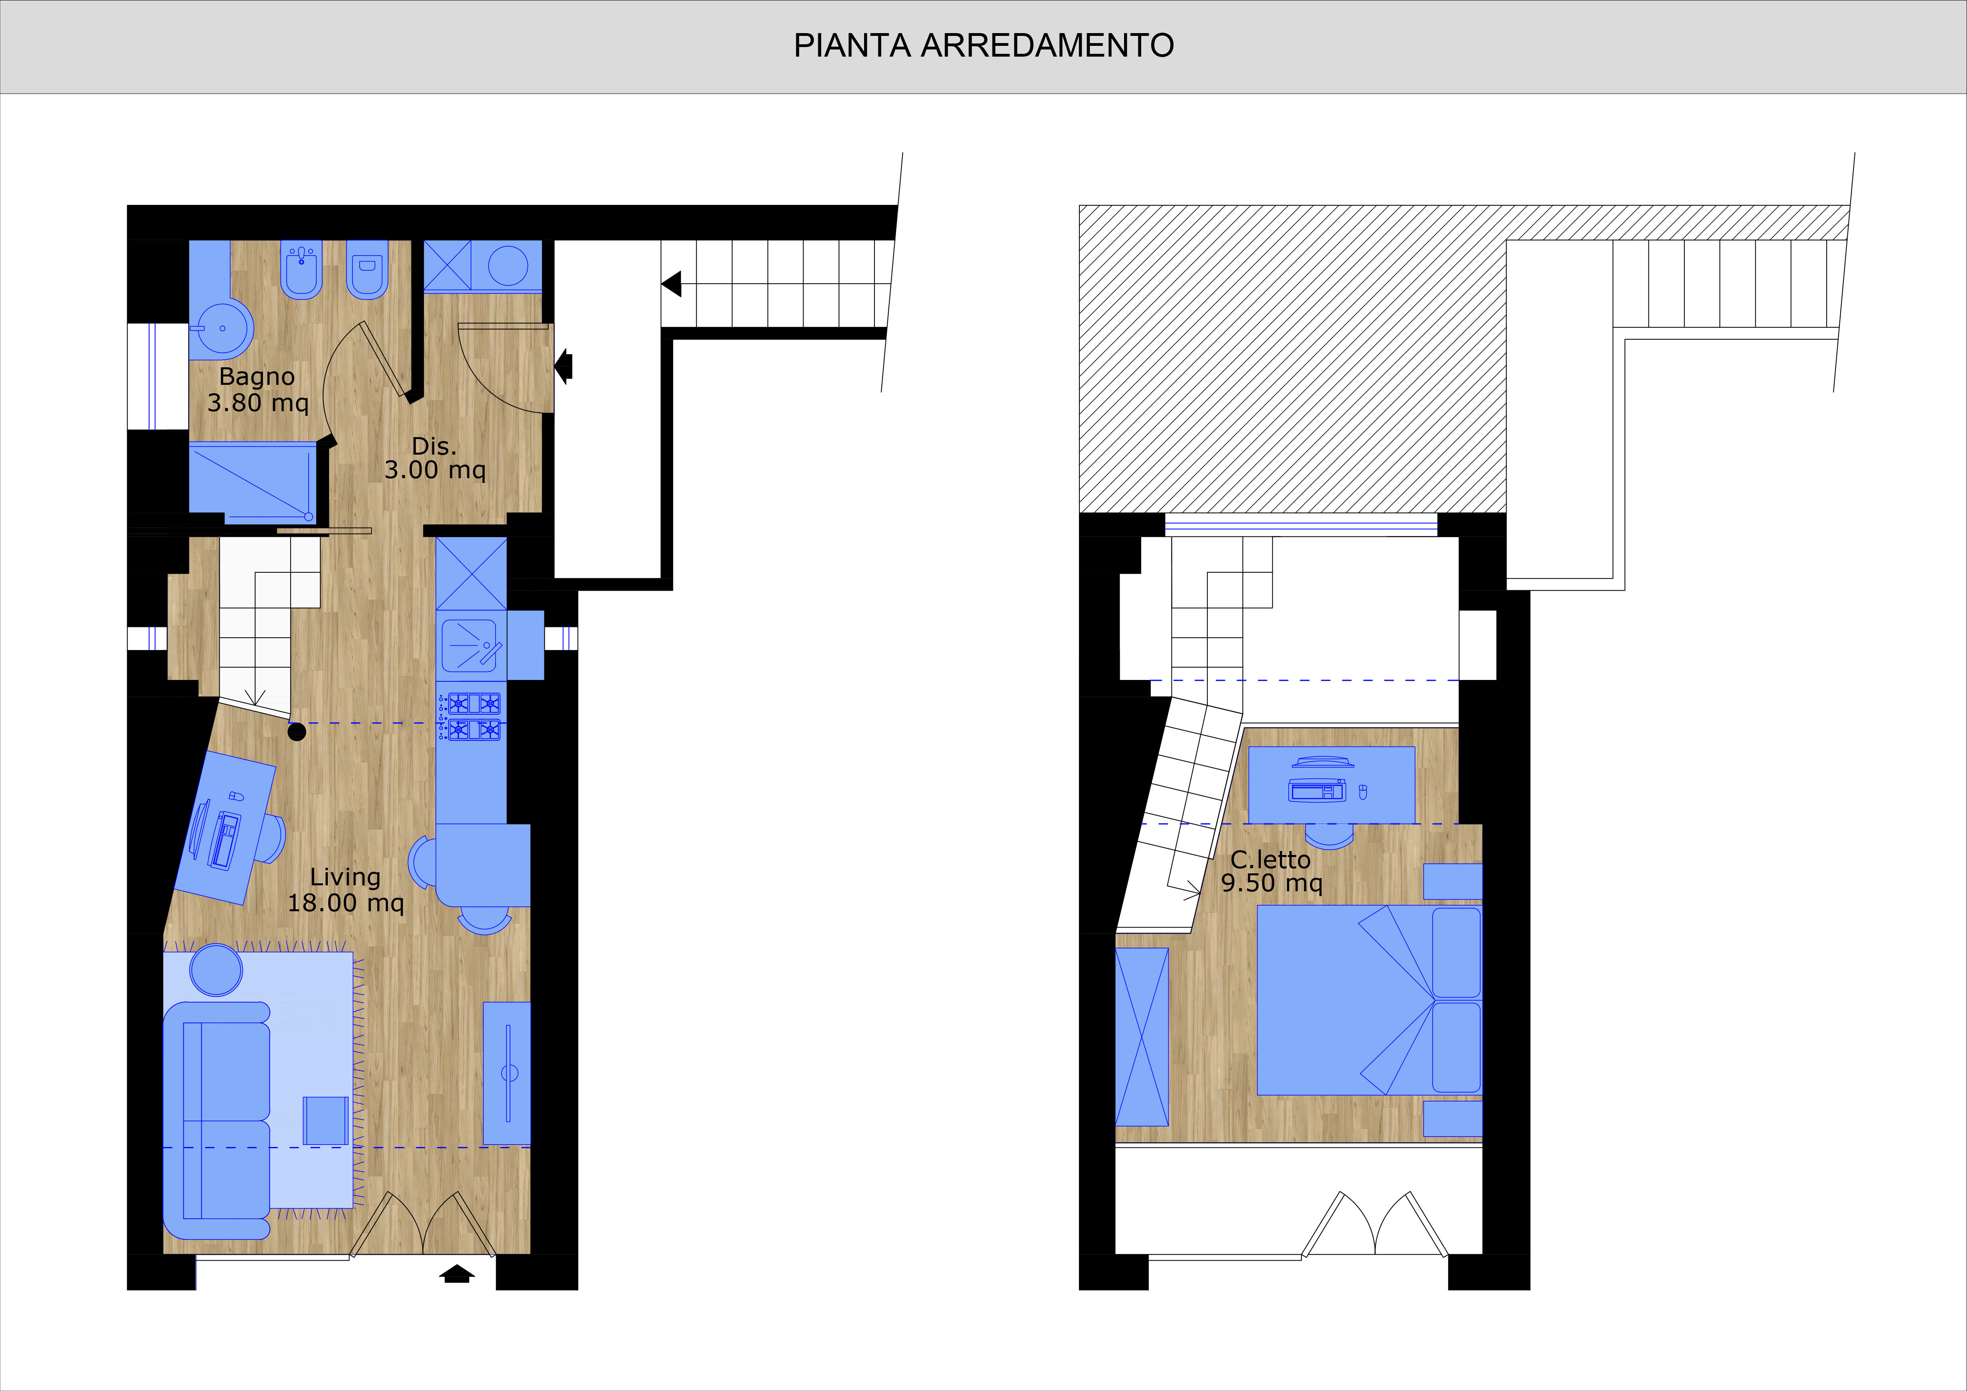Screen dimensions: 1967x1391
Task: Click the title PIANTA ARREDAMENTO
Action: point(983,45)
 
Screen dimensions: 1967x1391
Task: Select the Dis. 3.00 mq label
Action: point(434,458)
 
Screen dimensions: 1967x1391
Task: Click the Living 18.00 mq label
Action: point(345,890)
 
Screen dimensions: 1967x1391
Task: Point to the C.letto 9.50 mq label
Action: point(1271,871)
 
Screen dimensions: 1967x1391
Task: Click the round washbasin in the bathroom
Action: point(222,327)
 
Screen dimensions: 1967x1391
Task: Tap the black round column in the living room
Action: point(296,732)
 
